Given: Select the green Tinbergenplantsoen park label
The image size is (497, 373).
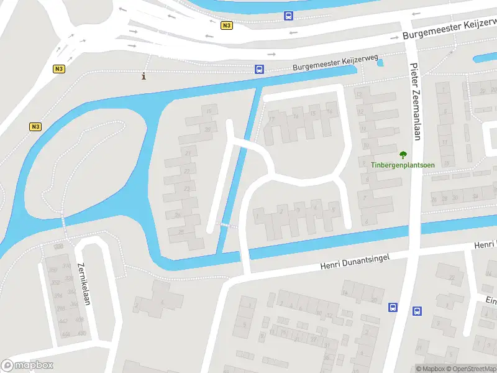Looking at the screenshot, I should [x=403, y=165].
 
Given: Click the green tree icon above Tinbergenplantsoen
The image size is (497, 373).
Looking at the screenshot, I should [x=403, y=154].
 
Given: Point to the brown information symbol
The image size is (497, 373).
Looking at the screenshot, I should [x=144, y=76].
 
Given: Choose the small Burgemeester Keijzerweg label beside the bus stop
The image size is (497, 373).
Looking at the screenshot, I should [x=318, y=67].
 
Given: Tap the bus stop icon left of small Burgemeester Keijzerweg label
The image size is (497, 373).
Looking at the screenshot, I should [x=258, y=70].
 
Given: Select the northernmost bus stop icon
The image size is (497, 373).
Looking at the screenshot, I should [x=288, y=16].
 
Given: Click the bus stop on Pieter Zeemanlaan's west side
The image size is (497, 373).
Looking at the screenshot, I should [x=393, y=307].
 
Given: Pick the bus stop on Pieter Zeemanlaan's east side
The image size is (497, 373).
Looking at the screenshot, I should [x=417, y=311].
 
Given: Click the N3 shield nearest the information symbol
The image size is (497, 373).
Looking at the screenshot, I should [x=59, y=69].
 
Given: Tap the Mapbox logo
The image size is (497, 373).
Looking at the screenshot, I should [x=27, y=366].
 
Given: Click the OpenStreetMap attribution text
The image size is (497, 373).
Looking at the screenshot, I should [x=473, y=369].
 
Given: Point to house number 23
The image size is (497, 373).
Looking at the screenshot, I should [x=186, y=188].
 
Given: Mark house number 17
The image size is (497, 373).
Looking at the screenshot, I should [x=271, y=119].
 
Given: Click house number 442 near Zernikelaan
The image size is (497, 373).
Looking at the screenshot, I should [x=62, y=321].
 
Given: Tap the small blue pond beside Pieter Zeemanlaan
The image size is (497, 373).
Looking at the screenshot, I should [x=380, y=62].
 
